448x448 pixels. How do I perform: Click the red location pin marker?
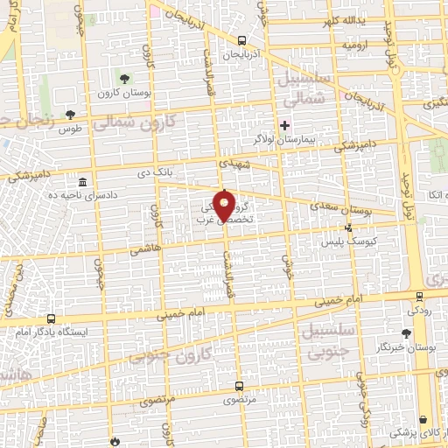click(x=225, y=205)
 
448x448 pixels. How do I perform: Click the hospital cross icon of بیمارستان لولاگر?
click(x=283, y=125)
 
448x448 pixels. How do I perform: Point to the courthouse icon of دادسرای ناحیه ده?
click(x=82, y=182)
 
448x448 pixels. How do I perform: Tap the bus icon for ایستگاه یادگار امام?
click(x=52, y=319)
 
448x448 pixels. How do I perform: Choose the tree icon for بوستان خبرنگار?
click(x=405, y=332)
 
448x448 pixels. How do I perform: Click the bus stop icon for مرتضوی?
click(x=239, y=385)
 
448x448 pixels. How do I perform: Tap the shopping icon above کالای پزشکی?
click(x=424, y=419)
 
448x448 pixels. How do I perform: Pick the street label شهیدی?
click(x=236, y=164)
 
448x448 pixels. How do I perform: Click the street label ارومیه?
click(x=354, y=43)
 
